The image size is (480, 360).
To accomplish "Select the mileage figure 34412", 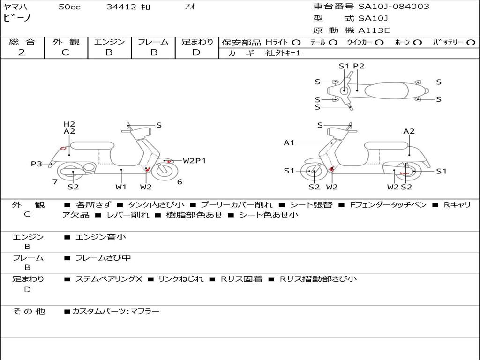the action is (x=121, y=7).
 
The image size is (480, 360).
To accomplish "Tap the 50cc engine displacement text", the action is (x=69, y=7).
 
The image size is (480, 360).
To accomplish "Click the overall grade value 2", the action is (x=22, y=52).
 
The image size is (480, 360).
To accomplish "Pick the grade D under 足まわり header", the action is (x=196, y=52).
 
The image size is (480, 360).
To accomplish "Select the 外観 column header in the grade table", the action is (x=66, y=42).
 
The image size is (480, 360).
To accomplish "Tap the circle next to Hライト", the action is (x=296, y=42).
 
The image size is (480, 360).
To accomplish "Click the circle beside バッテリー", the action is (x=471, y=42).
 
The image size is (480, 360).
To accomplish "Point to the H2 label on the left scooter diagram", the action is (x=69, y=124).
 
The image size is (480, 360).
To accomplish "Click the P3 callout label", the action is (x=37, y=164).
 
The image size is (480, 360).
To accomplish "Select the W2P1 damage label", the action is (x=194, y=161).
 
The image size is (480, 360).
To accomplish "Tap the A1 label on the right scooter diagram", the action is (x=289, y=142).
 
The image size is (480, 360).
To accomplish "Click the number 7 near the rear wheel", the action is (x=55, y=181).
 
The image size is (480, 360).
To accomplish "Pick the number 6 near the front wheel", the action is (x=180, y=182).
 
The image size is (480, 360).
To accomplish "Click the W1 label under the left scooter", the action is (x=121, y=187).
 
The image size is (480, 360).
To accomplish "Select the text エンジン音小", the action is (x=101, y=237).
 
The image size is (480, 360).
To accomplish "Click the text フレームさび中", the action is (x=103, y=258).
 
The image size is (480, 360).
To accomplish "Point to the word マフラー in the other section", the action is (x=145, y=311).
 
